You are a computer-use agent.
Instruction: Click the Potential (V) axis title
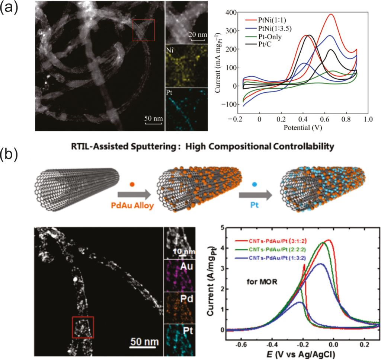click(302, 128)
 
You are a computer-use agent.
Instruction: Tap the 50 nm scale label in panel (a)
click(153, 118)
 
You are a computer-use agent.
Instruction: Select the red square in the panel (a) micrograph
click(144, 30)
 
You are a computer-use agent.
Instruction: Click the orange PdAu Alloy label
click(132, 206)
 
